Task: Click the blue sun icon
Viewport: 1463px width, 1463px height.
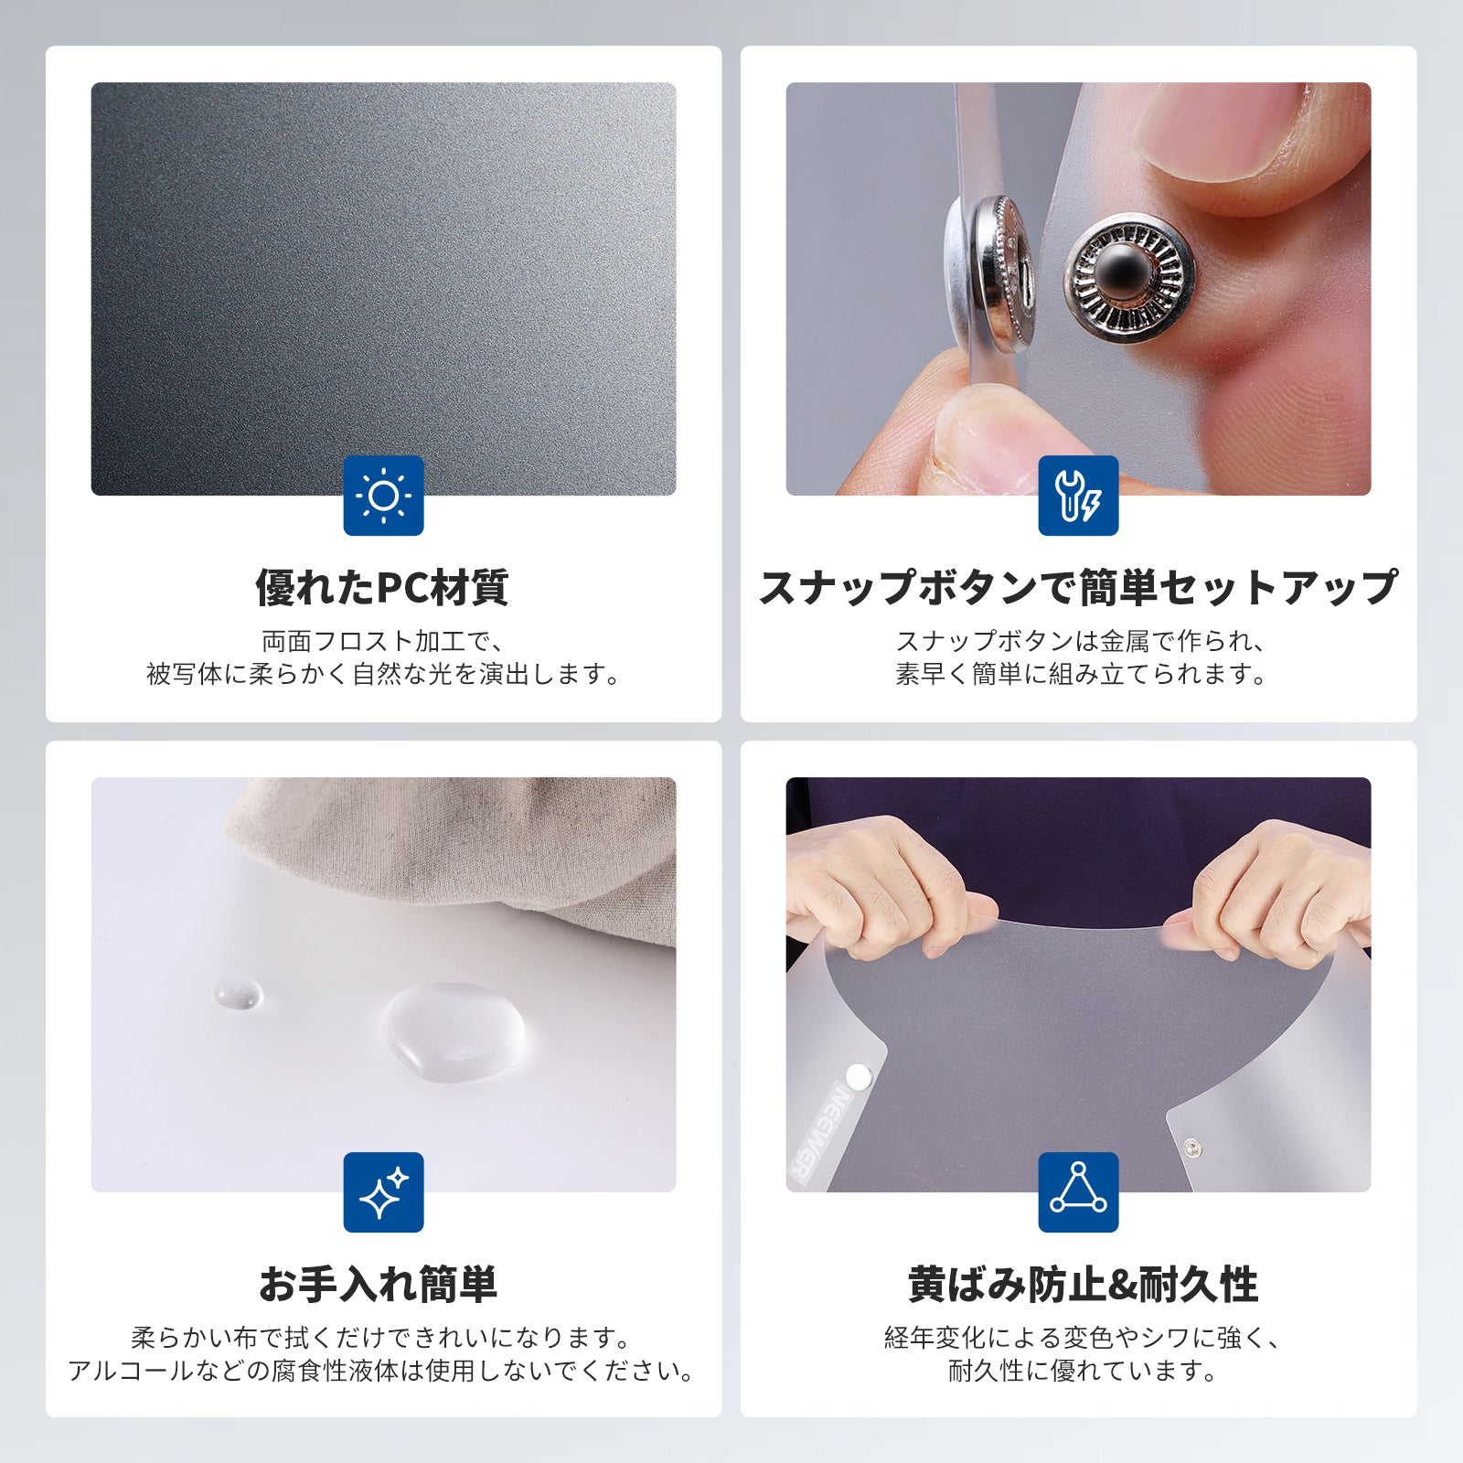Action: (x=383, y=495)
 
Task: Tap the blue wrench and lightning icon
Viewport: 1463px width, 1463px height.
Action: (x=1078, y=495)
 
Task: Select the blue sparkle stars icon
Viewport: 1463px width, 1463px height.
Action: (x=383, y=1191)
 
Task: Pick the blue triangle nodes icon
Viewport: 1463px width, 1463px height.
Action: (x=1078, y=1191)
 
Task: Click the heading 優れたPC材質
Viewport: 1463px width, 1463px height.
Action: (x=382, y=587)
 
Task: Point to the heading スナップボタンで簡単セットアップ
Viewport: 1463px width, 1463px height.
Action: (x=1079, y=587)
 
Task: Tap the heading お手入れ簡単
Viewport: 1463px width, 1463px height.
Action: (x=379, y=1284)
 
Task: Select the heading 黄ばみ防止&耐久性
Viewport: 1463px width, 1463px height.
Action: (x=1083, y=1284)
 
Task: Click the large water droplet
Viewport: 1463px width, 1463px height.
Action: (x=454, y=1031)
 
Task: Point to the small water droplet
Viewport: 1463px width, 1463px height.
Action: (x=238, y=993)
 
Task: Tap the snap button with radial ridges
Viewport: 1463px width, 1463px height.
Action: (x=1129, y=279)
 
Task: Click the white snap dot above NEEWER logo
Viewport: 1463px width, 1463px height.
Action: (x=859, y=1076)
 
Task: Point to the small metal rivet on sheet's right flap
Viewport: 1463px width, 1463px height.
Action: (x=1192, y=1148)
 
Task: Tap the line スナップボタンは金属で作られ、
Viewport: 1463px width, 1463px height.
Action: (x=1079, y=641)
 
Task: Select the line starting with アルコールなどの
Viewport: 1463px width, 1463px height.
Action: (x=381, y=1370)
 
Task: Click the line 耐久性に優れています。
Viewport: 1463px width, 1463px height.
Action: (x=1083, y=1370)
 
